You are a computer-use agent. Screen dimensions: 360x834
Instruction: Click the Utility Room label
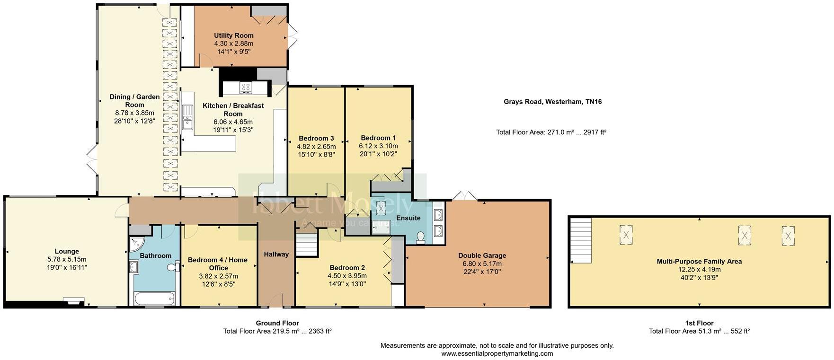233,35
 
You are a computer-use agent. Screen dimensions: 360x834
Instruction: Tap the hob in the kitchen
246,88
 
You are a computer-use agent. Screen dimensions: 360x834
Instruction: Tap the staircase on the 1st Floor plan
580,240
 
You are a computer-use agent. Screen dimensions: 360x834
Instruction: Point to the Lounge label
67,251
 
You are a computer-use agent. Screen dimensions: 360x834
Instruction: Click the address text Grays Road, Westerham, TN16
552,101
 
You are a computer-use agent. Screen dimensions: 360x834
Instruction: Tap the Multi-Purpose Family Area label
699,261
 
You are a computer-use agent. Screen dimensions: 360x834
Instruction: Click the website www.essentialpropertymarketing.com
497,353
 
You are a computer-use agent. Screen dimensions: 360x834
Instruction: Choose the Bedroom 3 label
316,138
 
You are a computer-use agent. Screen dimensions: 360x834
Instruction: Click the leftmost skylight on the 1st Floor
626,234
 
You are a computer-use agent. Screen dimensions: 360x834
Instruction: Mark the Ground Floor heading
277,323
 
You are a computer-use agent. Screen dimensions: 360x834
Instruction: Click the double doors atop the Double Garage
465,196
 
